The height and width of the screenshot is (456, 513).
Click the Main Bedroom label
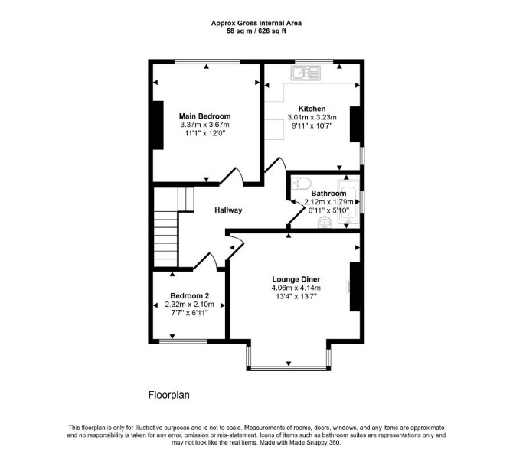coord(204,116)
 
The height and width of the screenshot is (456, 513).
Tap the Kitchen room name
coord(312,109)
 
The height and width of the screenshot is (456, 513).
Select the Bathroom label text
coord(328,193)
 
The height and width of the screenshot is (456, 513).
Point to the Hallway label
coord(228,210)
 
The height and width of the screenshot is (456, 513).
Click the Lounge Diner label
coord(296,279)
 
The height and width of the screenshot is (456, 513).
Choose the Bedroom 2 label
coord(189,296)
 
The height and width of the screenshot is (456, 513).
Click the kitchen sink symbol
coord(306,73)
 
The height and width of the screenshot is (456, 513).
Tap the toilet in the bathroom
coord(302,184)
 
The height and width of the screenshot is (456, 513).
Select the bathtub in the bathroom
coord(348,201)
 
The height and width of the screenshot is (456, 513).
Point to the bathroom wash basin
coord(325,223)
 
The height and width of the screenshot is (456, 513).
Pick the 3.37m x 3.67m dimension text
coord(204,125)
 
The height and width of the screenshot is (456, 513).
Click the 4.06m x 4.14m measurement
coord(296,288)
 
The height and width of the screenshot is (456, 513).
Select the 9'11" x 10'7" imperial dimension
coord(312,125)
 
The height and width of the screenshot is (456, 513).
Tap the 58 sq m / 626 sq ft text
coord(256,31)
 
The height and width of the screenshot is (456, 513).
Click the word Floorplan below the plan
coord(168,395)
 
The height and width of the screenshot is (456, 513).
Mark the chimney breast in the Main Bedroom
coord(158,125)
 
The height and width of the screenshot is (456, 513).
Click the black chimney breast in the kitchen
coord(355,124)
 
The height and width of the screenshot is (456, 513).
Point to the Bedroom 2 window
coord(184,341)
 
